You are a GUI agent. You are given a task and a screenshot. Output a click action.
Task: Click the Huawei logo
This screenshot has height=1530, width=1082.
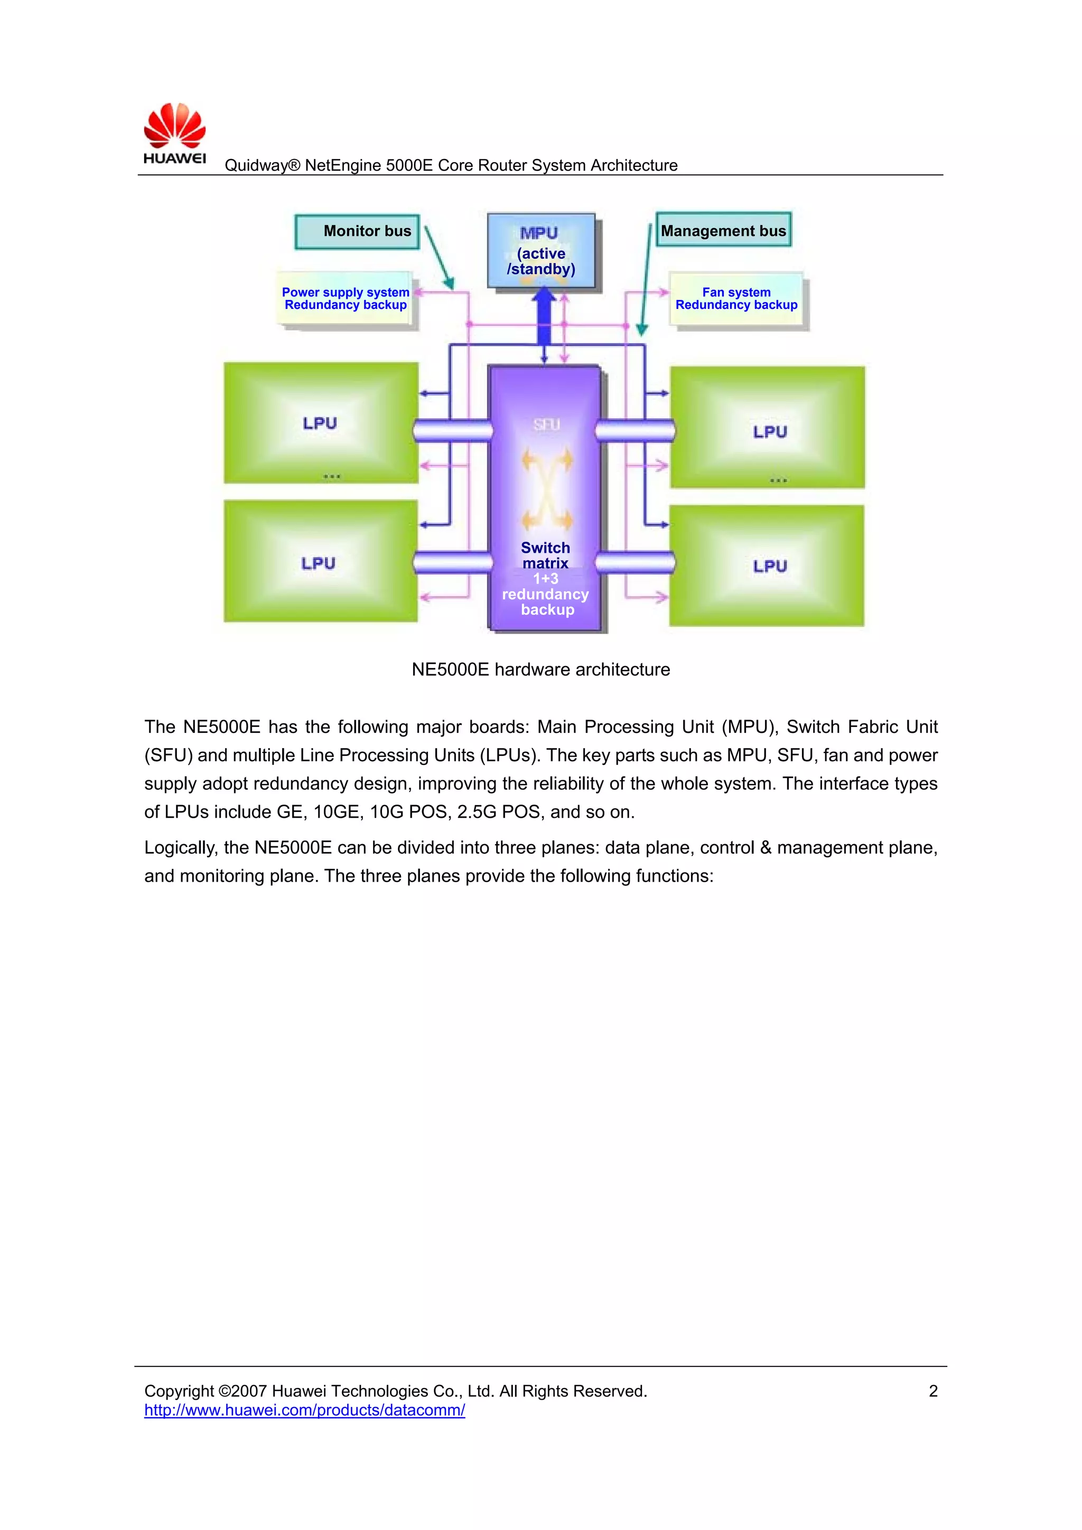(x=175, y=133)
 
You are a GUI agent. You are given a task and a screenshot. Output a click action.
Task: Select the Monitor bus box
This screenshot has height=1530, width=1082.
(x=357, y=231)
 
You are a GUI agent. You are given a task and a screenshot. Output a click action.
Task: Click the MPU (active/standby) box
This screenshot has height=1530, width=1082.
(x=540, y=251)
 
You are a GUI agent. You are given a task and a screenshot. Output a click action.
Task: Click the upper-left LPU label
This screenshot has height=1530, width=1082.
(x=320, y=423)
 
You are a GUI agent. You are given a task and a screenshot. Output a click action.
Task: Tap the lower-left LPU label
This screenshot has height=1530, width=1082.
(x=319, y=563)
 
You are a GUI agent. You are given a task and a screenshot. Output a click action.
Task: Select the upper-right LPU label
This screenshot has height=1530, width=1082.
(x=770, y=432)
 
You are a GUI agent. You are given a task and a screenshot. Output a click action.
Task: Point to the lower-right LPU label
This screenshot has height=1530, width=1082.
(x=770, y=566)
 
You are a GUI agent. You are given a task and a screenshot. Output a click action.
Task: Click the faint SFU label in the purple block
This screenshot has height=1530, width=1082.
(x=546, y=424)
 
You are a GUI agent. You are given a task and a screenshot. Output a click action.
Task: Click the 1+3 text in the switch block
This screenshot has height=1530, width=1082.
(x=545, y=579)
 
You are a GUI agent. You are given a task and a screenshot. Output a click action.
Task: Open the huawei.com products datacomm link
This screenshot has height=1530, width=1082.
(x=305, y=1410)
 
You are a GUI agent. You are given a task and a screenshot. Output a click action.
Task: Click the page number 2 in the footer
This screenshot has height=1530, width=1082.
(x=932, y=1391)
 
